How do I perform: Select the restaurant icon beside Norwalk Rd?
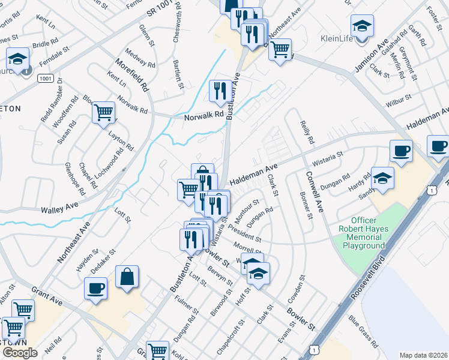pyautogui.click(x=220, y=91)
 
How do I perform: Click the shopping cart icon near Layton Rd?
pyautogui.click(x=104, y=112)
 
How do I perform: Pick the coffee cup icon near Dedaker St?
pyautogui.click(x=96, y=289)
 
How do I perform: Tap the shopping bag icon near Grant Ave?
pyautogui.click(x=127, y=277)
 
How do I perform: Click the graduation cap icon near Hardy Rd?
pyautogui.click(x=382, y=178)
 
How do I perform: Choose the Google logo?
pyautogui.click(x=20, y=353)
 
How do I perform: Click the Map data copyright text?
pyautogui.click(x=423, y=355)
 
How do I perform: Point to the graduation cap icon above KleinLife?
pyautogui.click(x=361, y=26)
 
